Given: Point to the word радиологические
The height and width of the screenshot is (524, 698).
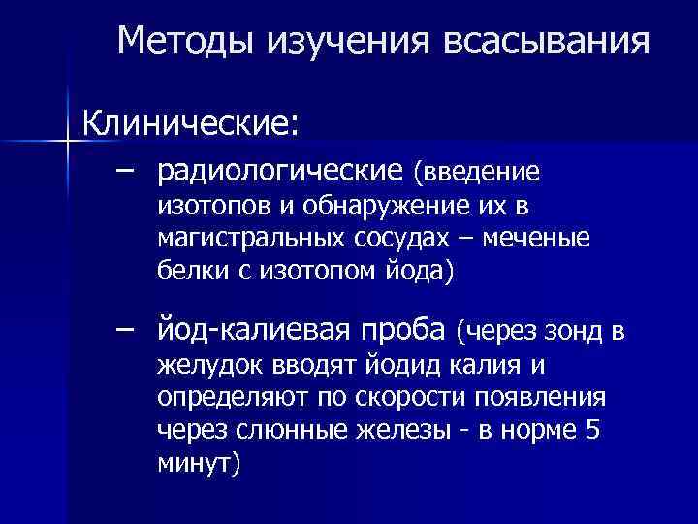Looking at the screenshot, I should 280,172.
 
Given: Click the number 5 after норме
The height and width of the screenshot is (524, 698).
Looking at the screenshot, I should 593,430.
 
